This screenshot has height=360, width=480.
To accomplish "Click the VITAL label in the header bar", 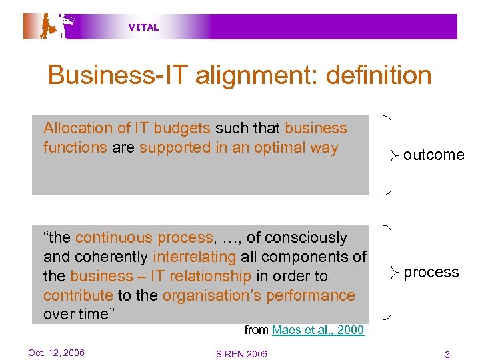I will coord(143,27).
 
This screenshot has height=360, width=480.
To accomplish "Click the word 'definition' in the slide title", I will coord(379,75).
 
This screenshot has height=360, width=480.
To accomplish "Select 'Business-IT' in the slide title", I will coord(117,75).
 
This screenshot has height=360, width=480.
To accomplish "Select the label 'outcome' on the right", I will coord(433,155).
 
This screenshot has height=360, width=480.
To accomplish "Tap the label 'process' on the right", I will coord(431,272).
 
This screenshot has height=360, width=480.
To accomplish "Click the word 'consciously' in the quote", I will coord(306,237).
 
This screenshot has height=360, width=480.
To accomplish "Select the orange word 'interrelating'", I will coord(195,257).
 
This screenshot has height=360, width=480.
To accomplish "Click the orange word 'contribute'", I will coord(77,295).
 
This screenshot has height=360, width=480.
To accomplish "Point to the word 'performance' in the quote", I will coord(317,295).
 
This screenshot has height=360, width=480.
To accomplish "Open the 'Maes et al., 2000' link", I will coord(317,330).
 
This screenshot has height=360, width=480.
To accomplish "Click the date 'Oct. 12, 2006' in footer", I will coord(56,353).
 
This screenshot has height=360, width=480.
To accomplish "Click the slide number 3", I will coord(447,353).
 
